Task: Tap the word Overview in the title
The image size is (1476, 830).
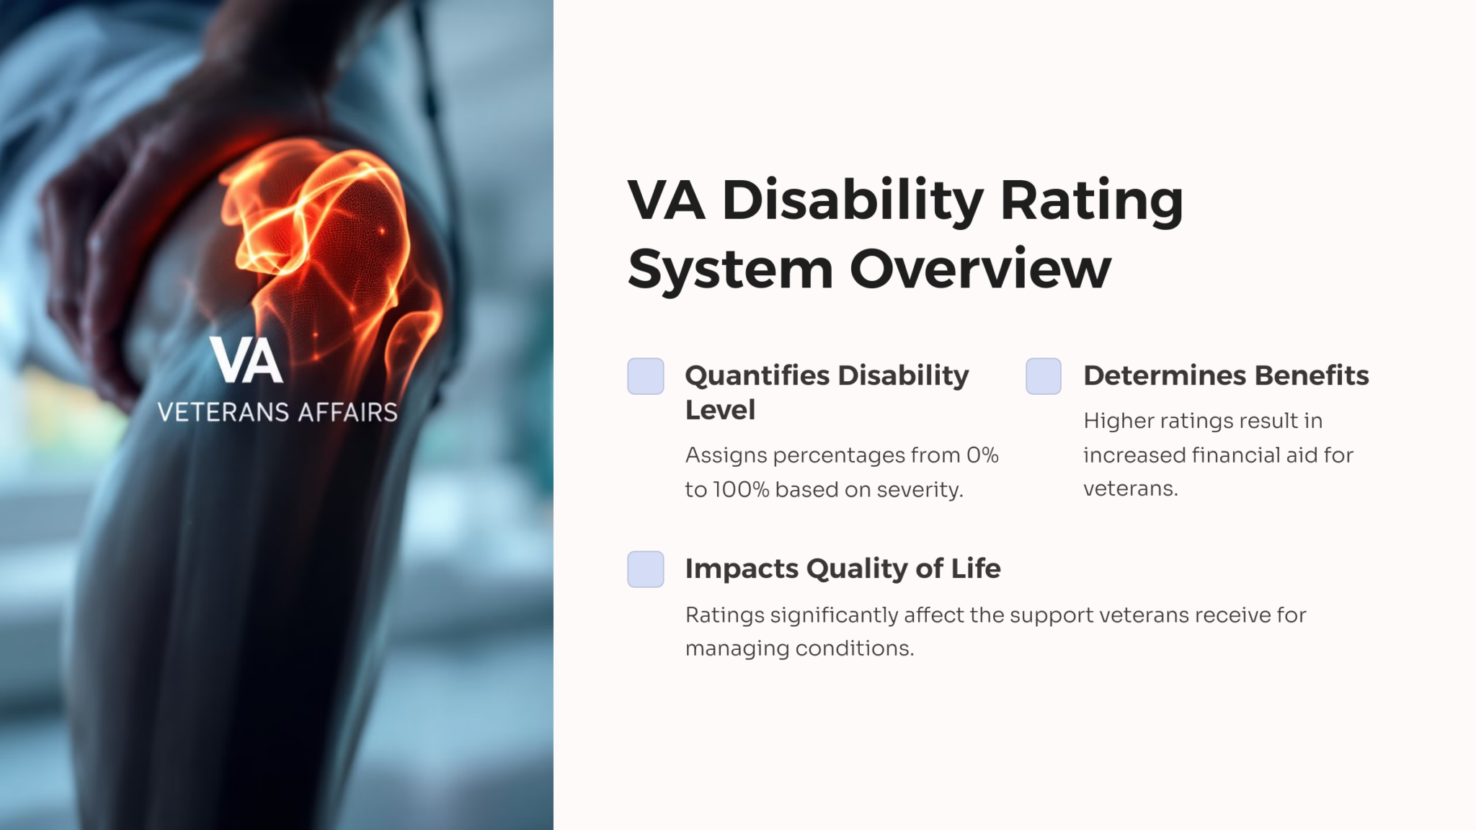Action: coord(980,269)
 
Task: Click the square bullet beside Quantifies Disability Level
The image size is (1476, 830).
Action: coord(645,376)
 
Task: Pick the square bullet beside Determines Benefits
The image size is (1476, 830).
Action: coord(1043,376)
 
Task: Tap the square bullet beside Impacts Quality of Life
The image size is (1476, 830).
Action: coord(645,569)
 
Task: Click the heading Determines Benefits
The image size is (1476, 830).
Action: coord(1225,375)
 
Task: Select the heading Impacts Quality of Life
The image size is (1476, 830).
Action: coord(843,568)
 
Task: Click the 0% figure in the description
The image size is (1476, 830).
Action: coord(982,455)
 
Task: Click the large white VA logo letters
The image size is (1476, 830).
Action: coord(246,360)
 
